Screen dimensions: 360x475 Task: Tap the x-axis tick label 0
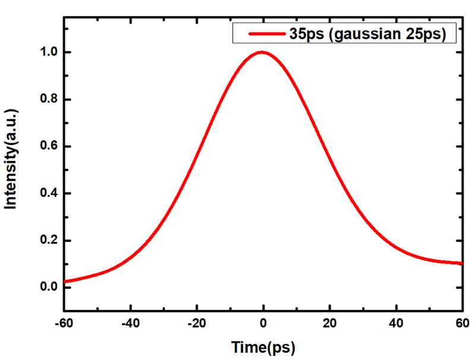tap(262, 324)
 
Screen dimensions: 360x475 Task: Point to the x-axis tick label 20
tap(329, 324)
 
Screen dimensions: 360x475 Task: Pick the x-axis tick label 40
tap(395, 324)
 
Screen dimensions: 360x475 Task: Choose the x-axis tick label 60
tap(461, 324)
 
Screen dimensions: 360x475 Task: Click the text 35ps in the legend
tap(305, 34)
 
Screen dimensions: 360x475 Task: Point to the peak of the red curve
tap(261, 52)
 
